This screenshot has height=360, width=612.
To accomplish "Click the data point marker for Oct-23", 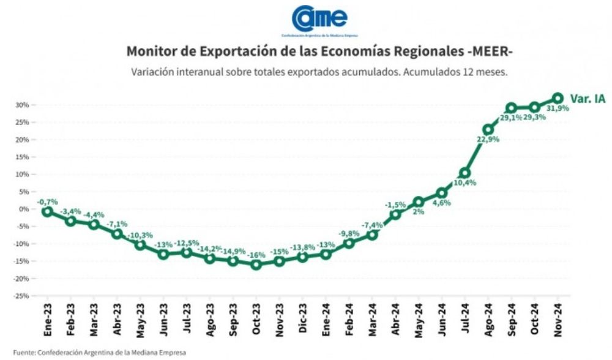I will (x=256, y=264).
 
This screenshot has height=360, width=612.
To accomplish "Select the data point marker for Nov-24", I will (x=558, y=98).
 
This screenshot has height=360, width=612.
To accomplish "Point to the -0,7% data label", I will (x=47, y=201).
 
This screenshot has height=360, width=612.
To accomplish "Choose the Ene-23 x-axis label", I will (x=47, y=319).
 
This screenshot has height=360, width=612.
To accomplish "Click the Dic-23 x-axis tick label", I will (x=303, y=319).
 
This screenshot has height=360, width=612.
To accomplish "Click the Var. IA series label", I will (x=588, y=98).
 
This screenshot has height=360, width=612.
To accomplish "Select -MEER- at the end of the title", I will (x=489, y=51).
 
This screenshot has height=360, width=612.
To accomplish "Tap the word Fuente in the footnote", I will (x=24, y=353).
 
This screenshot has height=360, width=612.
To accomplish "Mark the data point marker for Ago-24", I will (x=488, y=130).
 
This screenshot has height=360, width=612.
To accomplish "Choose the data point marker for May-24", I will (x=419, y=202).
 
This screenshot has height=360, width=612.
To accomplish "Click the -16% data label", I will (x=256, y=255).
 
